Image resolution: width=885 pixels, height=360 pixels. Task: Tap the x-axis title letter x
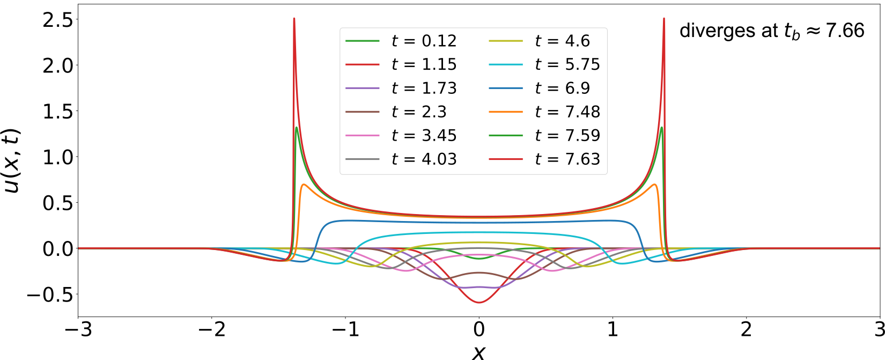click(478, 351)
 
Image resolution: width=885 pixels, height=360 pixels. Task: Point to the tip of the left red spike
click(294, 18)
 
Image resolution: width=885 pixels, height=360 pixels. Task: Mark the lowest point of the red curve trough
click(479, 303)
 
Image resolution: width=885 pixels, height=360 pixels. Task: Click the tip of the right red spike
click(664, 18)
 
